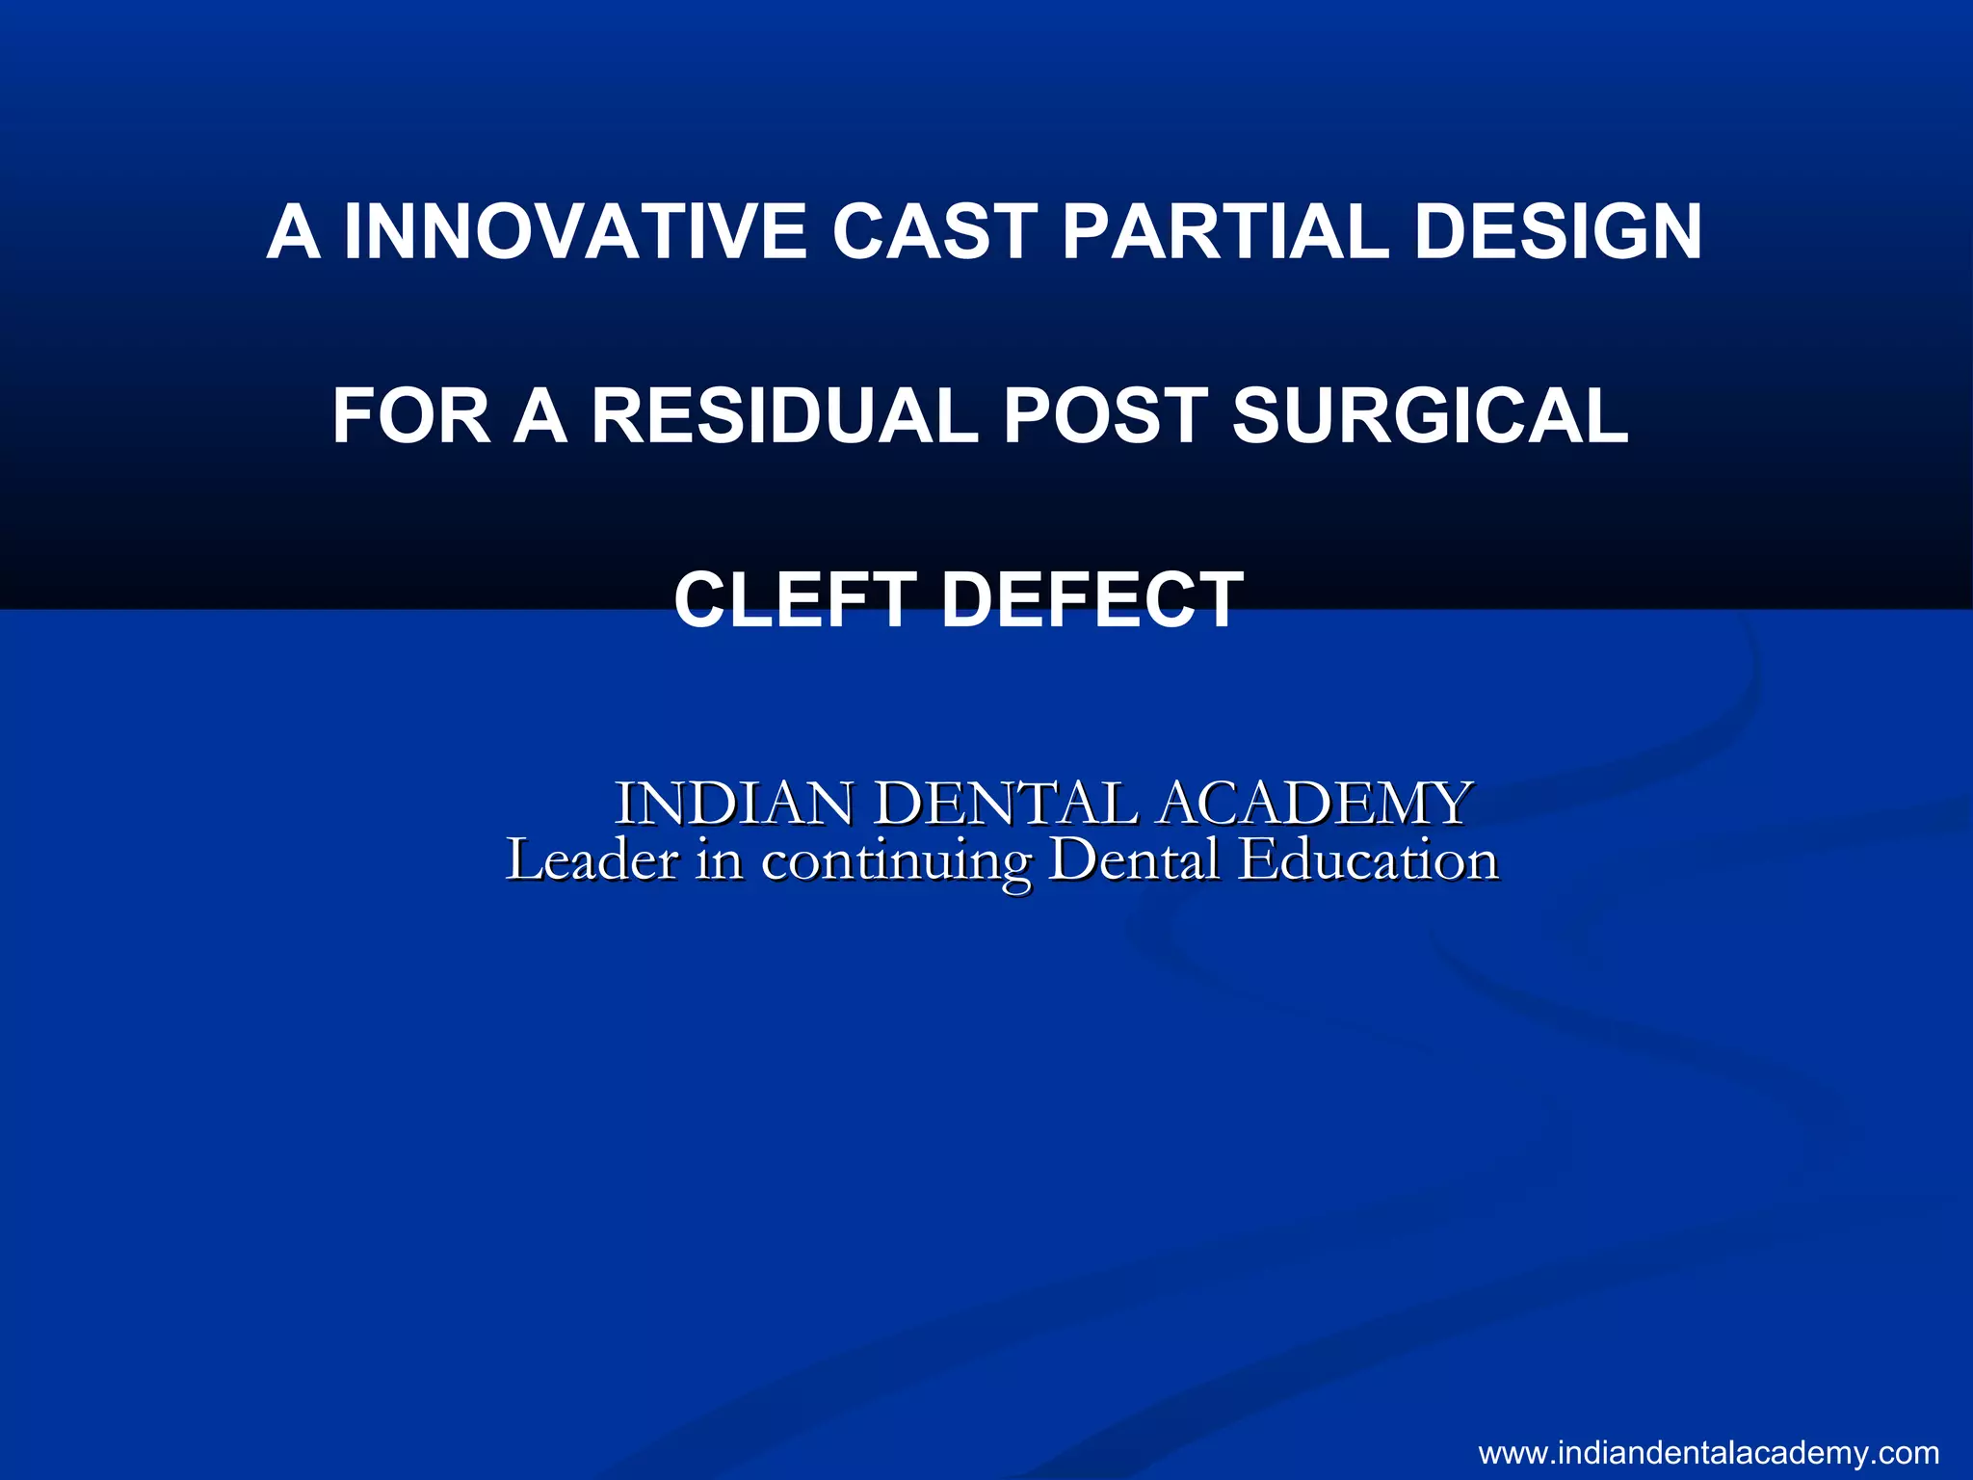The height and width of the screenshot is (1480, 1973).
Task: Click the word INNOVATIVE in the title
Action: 575,232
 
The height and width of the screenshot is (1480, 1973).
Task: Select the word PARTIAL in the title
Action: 1224,232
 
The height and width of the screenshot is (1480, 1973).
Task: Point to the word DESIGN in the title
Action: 1558,232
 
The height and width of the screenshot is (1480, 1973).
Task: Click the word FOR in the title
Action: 408,415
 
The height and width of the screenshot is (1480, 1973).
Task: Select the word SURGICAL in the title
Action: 1431,415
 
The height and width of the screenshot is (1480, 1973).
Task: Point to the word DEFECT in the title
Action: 1092,599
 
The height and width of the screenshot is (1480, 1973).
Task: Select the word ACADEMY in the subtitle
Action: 1314,803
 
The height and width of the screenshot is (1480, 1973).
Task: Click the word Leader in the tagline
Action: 592,859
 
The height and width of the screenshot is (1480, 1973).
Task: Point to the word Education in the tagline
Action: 1368,859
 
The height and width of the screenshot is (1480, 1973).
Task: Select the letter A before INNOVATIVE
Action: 293,232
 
